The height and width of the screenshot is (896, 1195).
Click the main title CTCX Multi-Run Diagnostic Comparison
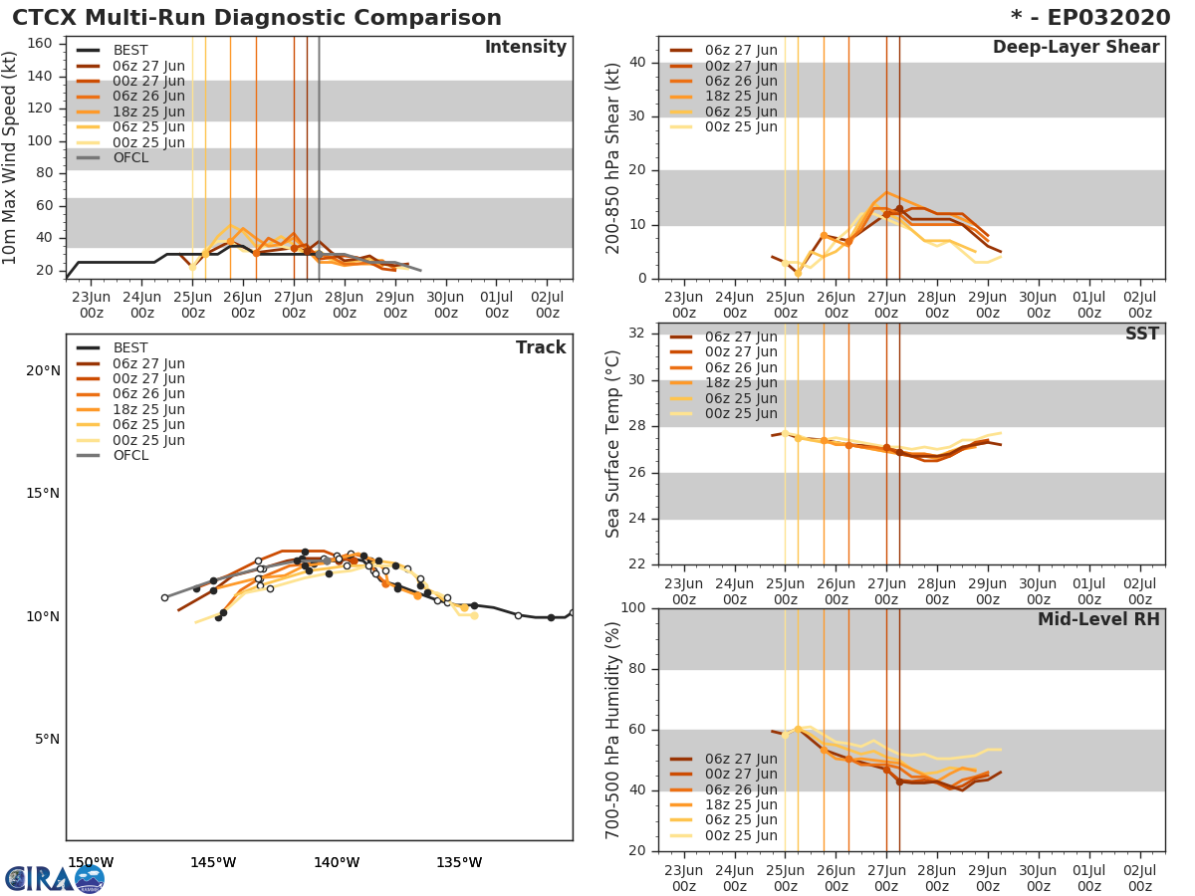click(x=257, y=18)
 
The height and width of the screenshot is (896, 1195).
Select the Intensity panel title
click(x=526, y=48)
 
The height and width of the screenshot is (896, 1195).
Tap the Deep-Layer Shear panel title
click(x=1075, y=48)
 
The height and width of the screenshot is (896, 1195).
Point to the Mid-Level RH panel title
click(x=1098, y=620)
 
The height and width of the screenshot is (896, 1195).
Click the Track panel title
click(x=541, y=347)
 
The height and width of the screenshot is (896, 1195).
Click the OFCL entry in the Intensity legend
click(x=129, y=158)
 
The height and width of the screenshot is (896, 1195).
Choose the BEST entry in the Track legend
click(x=129, y=348)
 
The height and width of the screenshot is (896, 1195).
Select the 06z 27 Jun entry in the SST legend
click(x=740, y=337)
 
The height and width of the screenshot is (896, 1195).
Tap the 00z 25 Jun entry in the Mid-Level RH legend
click(x=740, y=835)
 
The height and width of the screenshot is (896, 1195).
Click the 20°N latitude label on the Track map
click(x=43, y=371)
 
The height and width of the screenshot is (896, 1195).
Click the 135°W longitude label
click(x=459, y=862)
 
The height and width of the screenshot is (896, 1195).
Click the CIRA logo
click(x=54, y=878)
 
